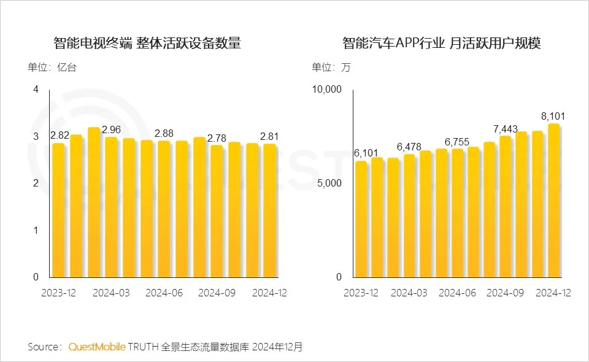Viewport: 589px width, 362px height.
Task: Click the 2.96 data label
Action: (x=111, y=129)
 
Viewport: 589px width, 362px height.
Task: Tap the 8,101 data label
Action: (x=553, y=116)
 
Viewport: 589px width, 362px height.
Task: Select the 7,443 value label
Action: (x=506, y=129)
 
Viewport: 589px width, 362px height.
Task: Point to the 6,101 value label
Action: (x=366, y=153)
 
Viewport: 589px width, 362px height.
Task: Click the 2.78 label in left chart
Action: (x=217, y=137)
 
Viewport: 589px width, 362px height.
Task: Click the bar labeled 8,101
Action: (x=553, y=200)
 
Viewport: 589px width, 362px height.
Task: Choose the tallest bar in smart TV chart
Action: (x=94, y=202)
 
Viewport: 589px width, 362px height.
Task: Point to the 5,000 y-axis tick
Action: (x=329, y=183)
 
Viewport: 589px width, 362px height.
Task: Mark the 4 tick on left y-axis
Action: (x=36, y=90)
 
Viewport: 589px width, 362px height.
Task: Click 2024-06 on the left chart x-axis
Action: (x=164, y=293)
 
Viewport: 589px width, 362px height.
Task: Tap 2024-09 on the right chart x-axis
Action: (x=505, y=293)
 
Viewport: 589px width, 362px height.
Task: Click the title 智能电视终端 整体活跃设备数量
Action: (x=147, y=44)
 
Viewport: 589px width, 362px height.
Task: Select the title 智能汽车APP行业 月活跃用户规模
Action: (x=442, y=44)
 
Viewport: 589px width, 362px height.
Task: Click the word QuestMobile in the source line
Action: (x=97, y=347)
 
